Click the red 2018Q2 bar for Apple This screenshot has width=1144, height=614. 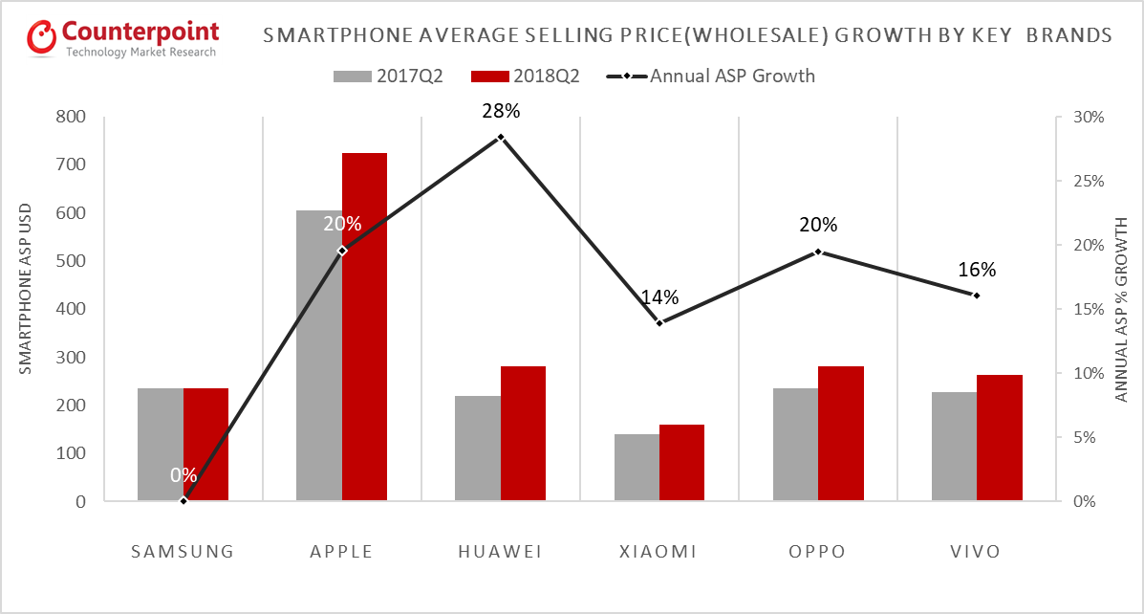[364, 326]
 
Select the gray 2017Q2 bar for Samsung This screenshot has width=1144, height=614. [161, 444]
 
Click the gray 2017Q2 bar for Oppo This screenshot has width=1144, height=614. [795, 444]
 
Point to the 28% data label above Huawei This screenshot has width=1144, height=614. [501, 112]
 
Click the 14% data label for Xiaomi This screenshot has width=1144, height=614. [659, 297]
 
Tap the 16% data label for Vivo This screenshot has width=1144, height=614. [977, 270]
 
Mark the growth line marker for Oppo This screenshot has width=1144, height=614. [818, 252]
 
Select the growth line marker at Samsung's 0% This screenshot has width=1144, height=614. [183, 500]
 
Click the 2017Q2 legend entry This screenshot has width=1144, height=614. [387, 76]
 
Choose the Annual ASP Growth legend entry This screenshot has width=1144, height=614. [731, 76]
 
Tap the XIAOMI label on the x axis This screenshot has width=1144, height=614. [659, 552]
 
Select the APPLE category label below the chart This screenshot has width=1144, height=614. [341, 552]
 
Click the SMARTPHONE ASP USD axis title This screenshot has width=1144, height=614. [26, 288]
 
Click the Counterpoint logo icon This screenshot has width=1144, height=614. [42, 36]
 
